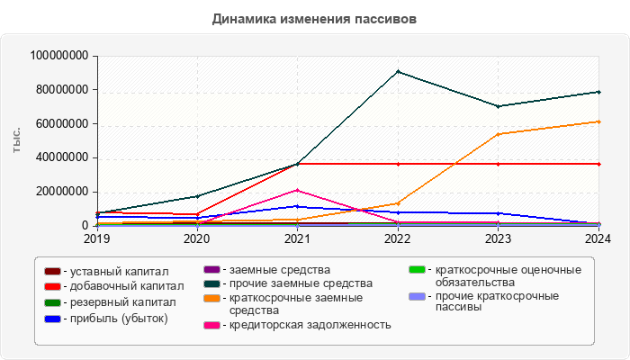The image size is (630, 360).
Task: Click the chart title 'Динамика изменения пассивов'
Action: tap(315, 18)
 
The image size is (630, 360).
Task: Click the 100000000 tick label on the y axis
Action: tap(58, 56)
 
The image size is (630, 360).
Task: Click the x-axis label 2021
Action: tap(297, 239)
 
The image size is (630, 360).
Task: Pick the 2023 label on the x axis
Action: tap(498, 239)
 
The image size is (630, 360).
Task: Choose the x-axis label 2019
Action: tap(96, 239)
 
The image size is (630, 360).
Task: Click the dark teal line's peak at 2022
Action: tap(398, 72)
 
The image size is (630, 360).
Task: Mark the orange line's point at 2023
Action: tap(498, 134)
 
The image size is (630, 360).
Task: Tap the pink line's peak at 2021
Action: tap(297, 190)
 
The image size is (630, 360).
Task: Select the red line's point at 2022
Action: tap(398, 164)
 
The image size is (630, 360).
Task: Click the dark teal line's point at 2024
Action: tap(598, 92)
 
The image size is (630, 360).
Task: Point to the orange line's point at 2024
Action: tap(598, 121)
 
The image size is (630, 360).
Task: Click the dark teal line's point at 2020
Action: tap(197, 196)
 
